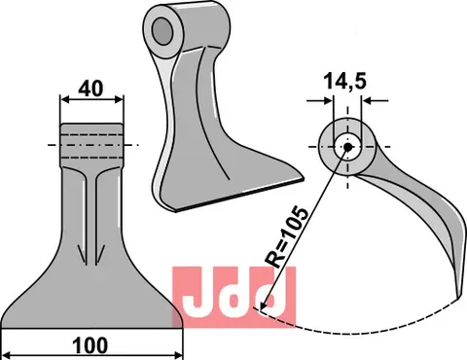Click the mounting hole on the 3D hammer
point(162,30)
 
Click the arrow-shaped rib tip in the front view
point(94,257)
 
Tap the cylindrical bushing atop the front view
point(93,144)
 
